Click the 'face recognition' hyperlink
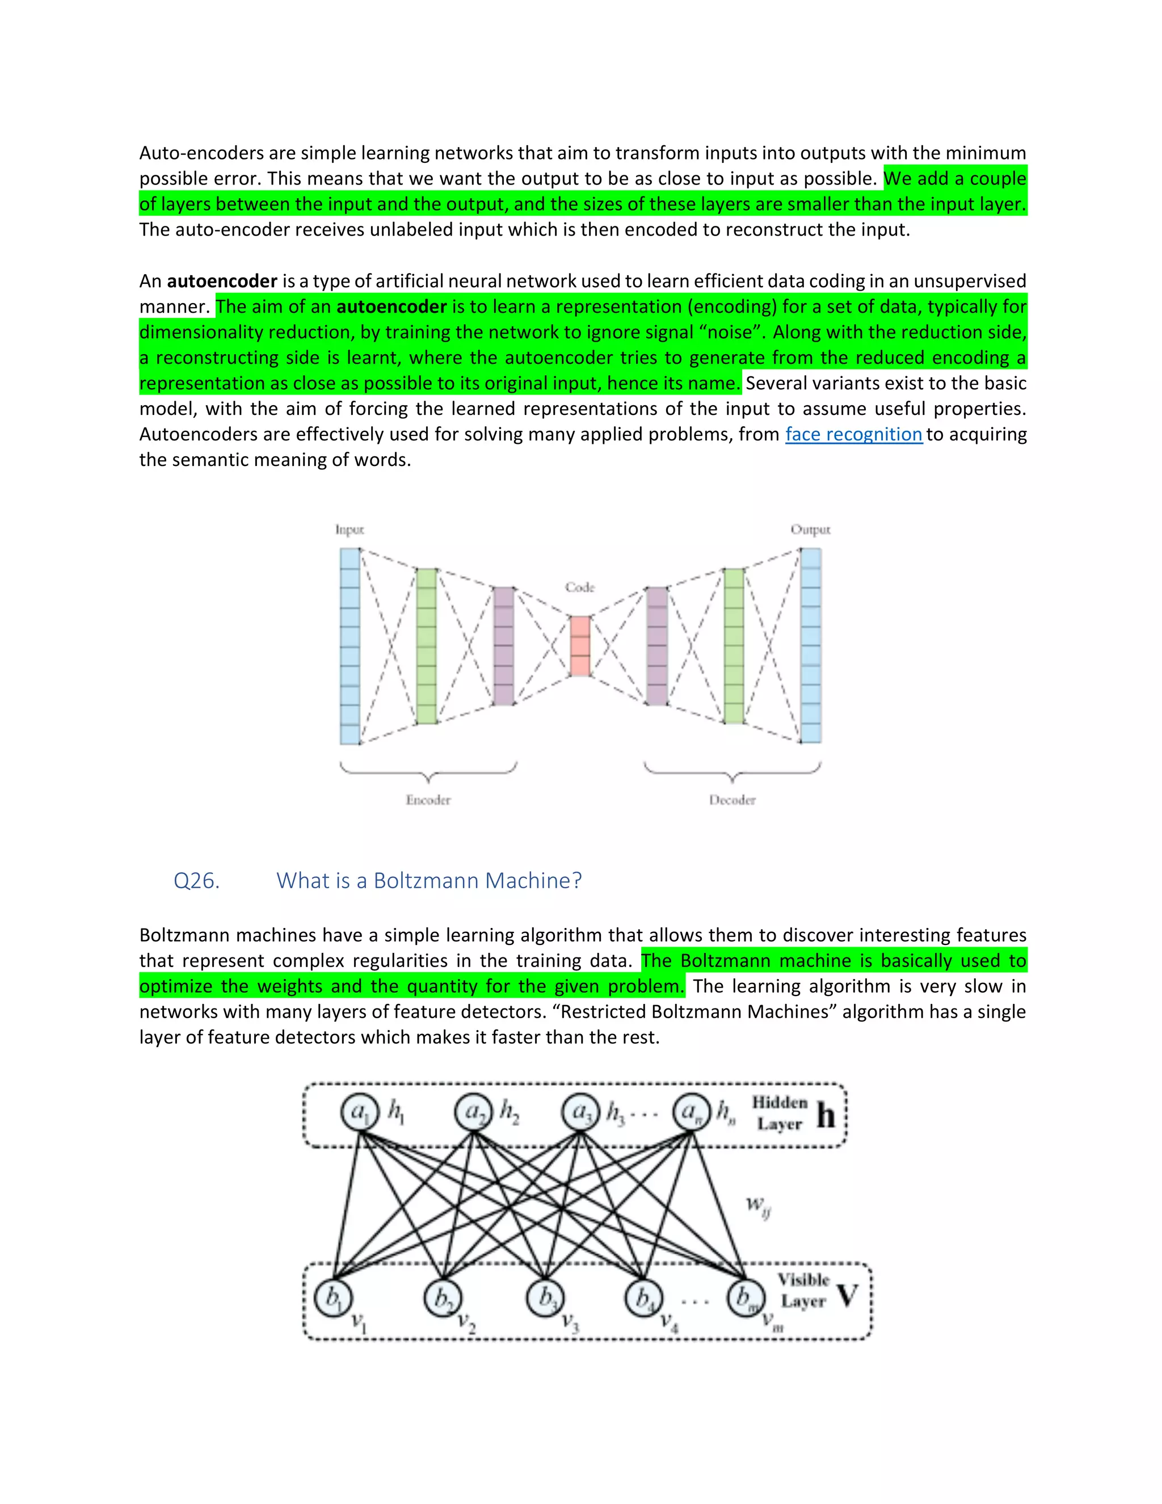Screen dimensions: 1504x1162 [x=853, y=435]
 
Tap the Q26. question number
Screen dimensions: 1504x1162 [x=196, y=881]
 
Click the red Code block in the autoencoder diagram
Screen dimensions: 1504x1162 [x=580, y=646]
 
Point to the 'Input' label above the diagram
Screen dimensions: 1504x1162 [x=349, y=530]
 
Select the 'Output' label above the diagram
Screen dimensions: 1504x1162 [x=810, y=530]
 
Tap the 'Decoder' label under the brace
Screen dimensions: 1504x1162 [x=732, y=800]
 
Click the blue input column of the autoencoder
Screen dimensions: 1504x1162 [x=350, y=646]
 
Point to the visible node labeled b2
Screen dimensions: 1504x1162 [x=443, y=1298]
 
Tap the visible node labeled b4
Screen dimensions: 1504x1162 [x=643, y=1298]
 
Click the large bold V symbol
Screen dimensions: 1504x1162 [x=848, y=1297]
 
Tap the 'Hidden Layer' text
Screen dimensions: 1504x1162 [x=779, y=1113]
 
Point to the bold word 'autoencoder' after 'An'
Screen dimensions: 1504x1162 [x=222, y=282]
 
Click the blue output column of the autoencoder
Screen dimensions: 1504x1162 [x=811, y=646]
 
